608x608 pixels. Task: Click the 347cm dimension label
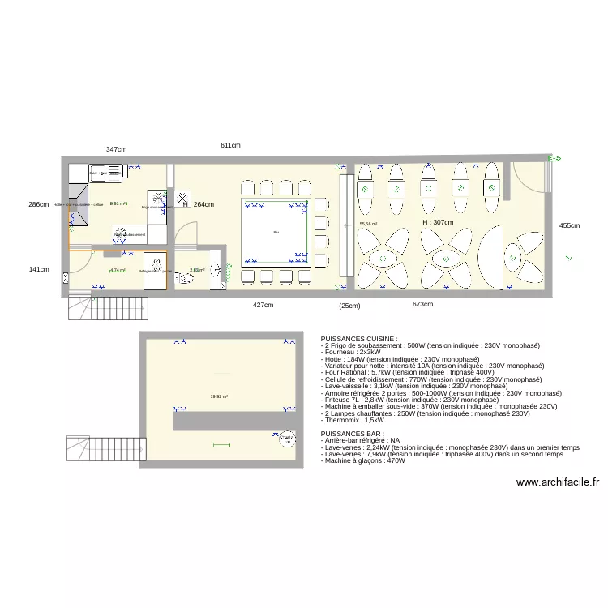click(116, 149)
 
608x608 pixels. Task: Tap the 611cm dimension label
click(230, 145)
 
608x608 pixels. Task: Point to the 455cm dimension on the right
click(569, 225)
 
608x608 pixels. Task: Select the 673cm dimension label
click(422, 305)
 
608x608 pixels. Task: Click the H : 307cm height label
click(437, 222)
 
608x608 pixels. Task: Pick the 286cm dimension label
click(38, 205)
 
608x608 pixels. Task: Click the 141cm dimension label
click(38, 270)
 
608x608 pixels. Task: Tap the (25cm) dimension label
click(349, 306)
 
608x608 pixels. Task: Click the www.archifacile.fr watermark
click(558, 482)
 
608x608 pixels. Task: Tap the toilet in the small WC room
click(188, 278)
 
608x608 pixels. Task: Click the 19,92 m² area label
click(219, 396)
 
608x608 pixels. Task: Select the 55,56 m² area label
click(368, 224)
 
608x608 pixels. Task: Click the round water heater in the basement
click(286, 439)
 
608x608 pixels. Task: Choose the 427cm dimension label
click(263, 305)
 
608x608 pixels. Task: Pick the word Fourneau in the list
click(341, 352)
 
